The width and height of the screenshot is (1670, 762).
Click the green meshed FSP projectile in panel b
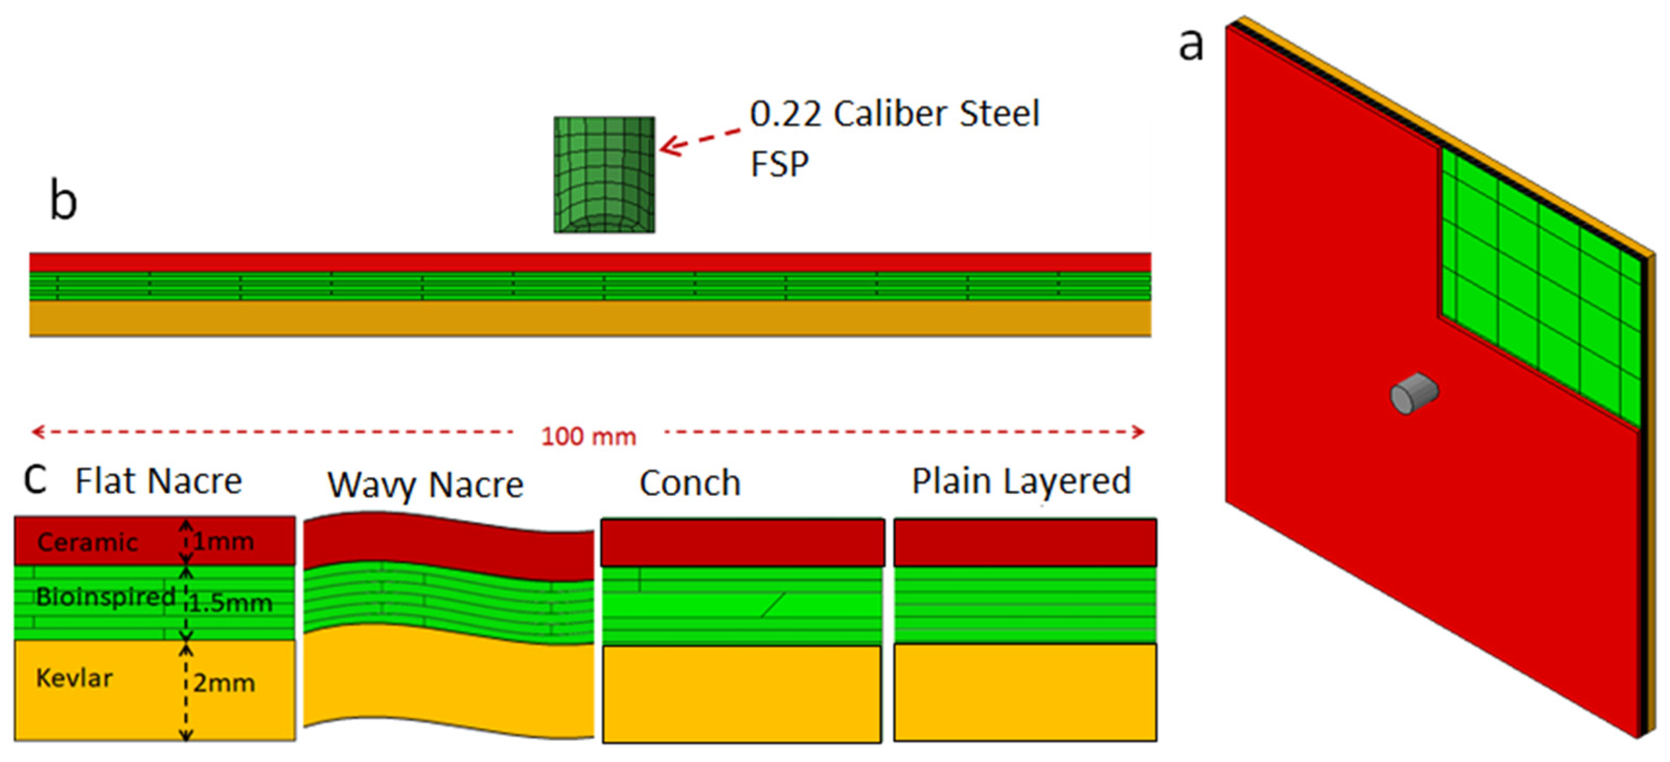pos(604,175)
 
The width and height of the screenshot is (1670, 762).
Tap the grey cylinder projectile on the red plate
pos(1414,392)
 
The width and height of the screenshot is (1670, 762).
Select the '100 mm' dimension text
pos(589,437)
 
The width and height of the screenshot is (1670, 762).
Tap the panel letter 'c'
pos(35,479)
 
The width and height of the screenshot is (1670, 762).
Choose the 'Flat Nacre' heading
pos(159,481)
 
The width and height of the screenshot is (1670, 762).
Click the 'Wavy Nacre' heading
pos(425,484)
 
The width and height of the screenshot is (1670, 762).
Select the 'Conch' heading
pos(690,483)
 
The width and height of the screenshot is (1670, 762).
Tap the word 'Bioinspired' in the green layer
pos(105,597)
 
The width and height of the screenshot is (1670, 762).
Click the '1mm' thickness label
pos(224,541)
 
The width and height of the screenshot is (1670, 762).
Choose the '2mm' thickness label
pos(224,683)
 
